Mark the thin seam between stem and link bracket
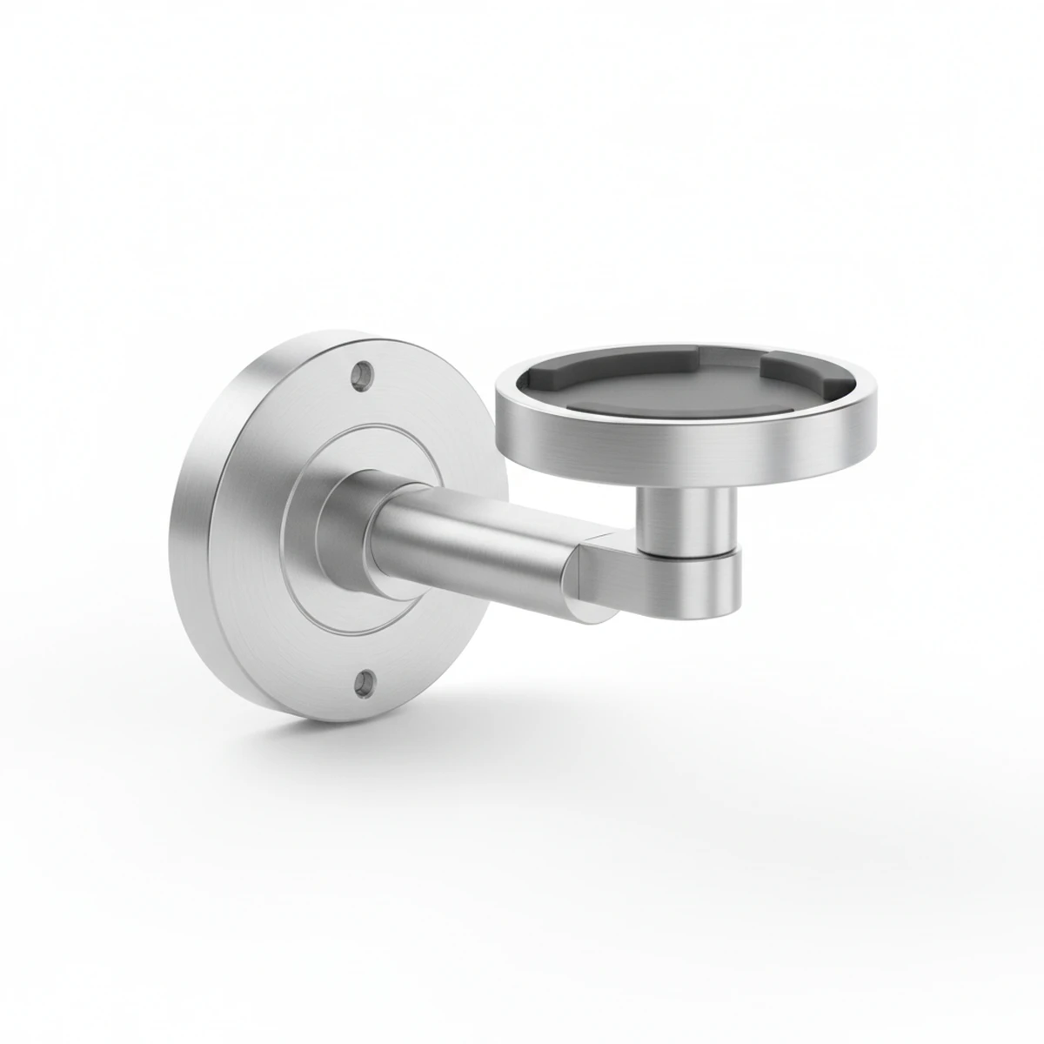point(687,553)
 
